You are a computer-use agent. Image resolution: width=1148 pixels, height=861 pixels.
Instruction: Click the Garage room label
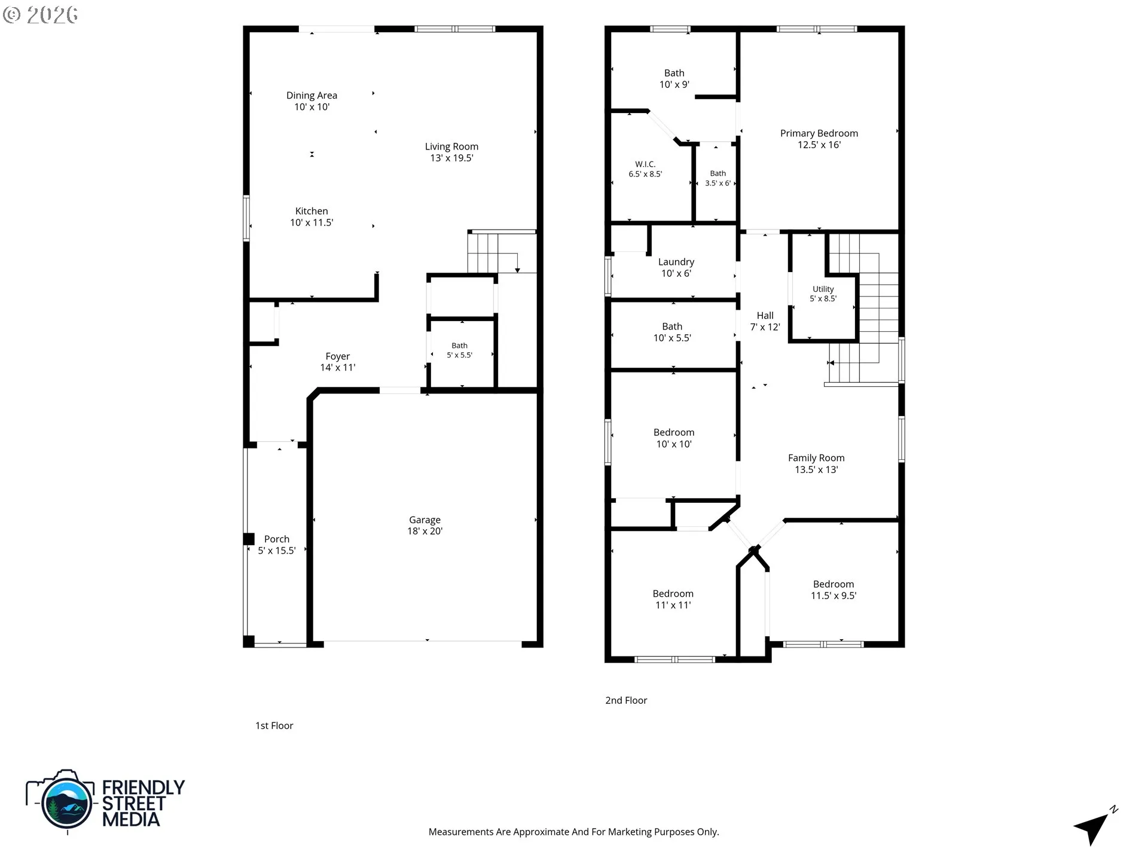[425, 520]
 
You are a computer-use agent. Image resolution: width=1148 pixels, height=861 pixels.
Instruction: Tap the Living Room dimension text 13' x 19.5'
[451, 158]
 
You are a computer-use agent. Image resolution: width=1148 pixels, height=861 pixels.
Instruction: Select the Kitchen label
[312, 211]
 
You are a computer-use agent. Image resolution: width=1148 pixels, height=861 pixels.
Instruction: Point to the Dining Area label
[312, 96]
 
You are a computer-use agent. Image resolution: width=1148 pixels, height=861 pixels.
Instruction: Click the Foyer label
[338, 356]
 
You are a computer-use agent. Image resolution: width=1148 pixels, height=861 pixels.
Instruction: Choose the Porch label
[277, 539]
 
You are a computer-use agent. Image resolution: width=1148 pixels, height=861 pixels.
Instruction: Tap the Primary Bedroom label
[819, 133]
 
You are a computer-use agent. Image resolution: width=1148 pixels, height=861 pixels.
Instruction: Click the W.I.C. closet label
[645, 164]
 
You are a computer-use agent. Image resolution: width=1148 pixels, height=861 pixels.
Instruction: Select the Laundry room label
[676, 262]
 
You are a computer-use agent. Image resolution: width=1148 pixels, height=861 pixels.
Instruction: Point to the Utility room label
[823, 289]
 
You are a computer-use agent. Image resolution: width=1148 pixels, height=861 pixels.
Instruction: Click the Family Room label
[816, 458]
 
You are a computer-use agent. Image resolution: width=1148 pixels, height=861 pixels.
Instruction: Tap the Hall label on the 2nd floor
[765, 316]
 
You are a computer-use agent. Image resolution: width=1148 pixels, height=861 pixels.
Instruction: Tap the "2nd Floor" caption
[626, 700]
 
